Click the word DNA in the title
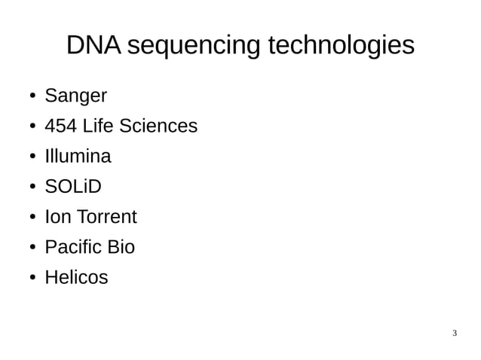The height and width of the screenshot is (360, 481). pos(93,45)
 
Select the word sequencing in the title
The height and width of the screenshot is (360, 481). pos(195,47)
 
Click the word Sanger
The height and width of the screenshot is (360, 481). pos(75,96)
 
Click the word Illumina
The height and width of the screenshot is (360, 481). pos(78,157)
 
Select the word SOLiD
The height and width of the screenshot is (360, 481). pos(72,187)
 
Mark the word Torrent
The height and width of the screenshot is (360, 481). pos(106,217)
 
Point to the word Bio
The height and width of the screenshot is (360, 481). pos(121,247)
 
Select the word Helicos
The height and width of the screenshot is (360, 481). pos(76,277)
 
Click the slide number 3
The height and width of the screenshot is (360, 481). pos(455,333)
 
